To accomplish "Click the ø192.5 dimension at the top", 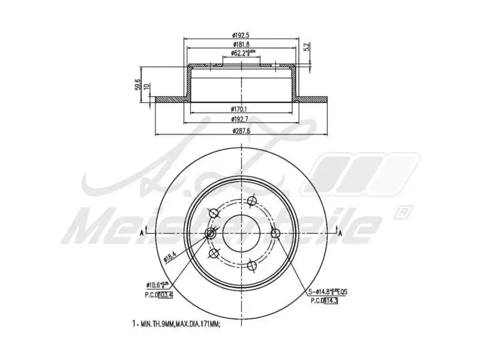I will point(241,35).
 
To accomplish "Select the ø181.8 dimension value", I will point(241,45).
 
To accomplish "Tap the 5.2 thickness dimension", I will point(307,46).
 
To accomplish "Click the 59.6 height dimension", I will point(137,85).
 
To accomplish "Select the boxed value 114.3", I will point(330,300).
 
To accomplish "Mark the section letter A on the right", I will point(340,232).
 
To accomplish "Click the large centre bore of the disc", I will point(241,232).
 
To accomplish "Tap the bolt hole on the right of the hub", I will point(275,233).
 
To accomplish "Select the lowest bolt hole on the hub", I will point(252,265).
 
